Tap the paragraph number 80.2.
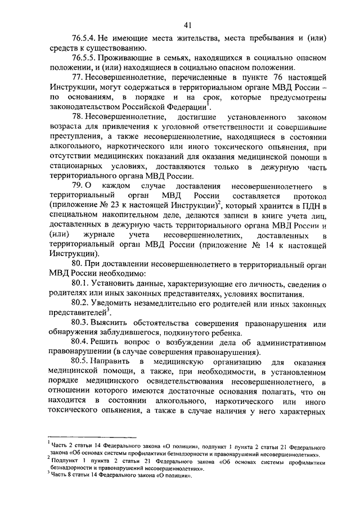click(x=80, y=303)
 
